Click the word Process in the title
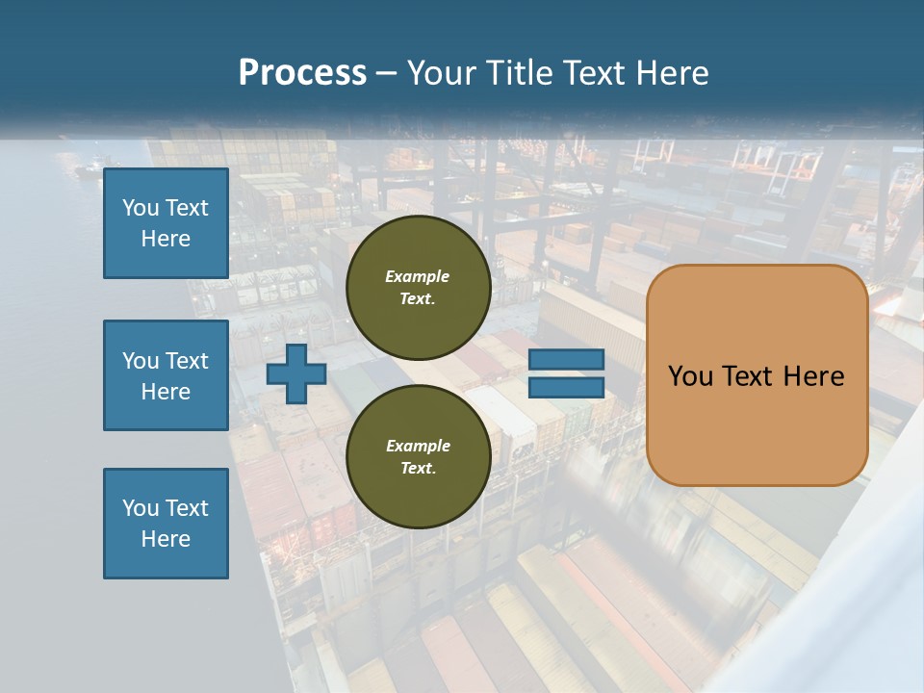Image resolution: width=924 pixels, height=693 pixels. click(302, 73)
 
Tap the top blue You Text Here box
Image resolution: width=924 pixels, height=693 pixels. click(166, 223)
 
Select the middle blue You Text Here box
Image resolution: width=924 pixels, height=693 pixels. click(166, 375)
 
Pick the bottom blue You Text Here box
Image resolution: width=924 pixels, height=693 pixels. click(166, 524)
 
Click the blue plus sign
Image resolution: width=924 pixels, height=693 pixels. click(296, 373)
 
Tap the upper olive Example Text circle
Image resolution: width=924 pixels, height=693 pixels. click(418, 287)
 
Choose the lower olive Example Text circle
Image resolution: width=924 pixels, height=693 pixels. click(418, 456)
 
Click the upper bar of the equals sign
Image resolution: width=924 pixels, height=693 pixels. click(566, 360)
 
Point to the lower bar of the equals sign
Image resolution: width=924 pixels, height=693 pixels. click(566, 387)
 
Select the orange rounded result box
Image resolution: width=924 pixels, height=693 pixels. click(757, 423)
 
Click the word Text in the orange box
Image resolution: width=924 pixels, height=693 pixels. click(756, 376)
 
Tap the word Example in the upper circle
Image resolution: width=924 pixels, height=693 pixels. click(418, 276)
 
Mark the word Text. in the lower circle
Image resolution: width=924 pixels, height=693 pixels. click(418, 468)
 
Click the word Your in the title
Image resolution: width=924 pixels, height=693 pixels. click(442, 73)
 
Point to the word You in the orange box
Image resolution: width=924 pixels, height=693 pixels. click(691, 376)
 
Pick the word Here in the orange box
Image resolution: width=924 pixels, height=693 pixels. click(816, 376)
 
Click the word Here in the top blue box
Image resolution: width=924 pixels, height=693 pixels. click(166, 239)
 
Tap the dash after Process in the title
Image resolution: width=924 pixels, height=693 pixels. click(387, 73)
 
